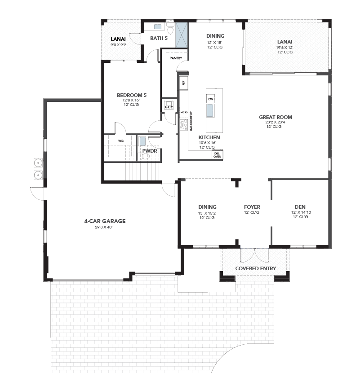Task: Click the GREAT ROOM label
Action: pyautogui.click(x=276, y=117)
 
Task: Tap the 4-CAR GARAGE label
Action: pyautogui.click(x=105, y=221)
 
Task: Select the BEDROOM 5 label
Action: pyautogui.click(x=132, y=95)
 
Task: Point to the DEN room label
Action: pyautogui.click(x=300, y=207)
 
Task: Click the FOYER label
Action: pyautogui.click(x=252, y=207)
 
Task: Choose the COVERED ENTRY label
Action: pyautogui.click(x=256, y=268)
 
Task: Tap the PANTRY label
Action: pyautogui.click(x=176, y=58)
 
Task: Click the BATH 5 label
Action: pyautogui.click(x=159, y=38)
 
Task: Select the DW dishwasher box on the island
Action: pyautogui.click(x=210, y=99)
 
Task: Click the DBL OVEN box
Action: pyautogui.click(x=217, y=155)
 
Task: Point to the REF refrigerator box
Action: pyautogui.click(x=183, y=83)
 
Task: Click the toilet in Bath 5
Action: pyautogui.click(x=170, y=29)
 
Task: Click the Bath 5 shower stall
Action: pyautogui.click(x=182, y=35)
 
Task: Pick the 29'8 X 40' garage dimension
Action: pyautogui.click(x=104, y=227)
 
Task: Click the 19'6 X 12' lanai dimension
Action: pyautogui.click(x=284, y=48)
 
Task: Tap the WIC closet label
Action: pyautogui.click(x=121, y=141)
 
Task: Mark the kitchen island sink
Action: pyautogui.click(x=210, y=110)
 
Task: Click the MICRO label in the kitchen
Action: pyautogui.click(x=184, y=112)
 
